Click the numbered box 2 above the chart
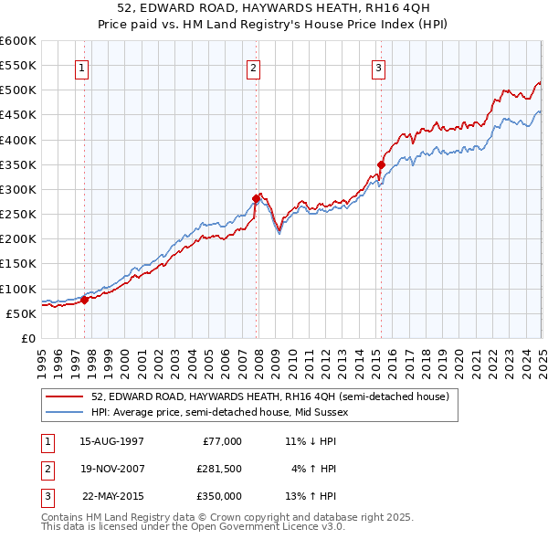click(x=253, y=67)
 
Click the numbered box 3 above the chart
click(x=378, y=67)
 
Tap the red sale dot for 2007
click(x=256, y=197)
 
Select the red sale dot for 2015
click(x=381, y=164)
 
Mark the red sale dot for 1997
click(x=84, y=299)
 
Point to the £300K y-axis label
click(x=18, y=190)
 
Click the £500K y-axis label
click(x=18, y=90)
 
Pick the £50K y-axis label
click(x=22, y=313)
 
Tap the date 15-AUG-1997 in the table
click(x=112, y=441)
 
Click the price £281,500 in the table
click(x=219, y=469)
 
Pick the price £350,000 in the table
click(x=219, y=496)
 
